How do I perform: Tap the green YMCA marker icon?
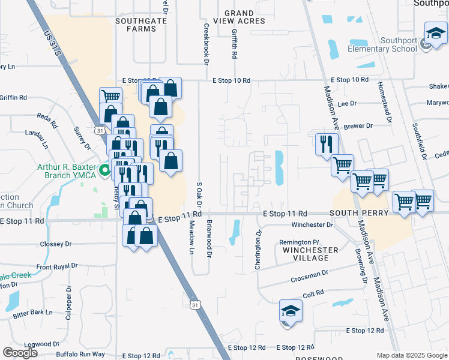[x=104, y=172]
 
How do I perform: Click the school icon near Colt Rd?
[x=291, y=312]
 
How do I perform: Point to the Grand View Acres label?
[x=244, y=17]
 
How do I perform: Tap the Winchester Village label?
[x=306, y=254]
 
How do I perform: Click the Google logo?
[x=20, y=353]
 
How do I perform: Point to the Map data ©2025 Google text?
[x=411, y=355]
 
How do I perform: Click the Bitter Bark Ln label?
[x=34, y=313]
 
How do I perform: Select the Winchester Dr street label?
[x=312, y=225]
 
